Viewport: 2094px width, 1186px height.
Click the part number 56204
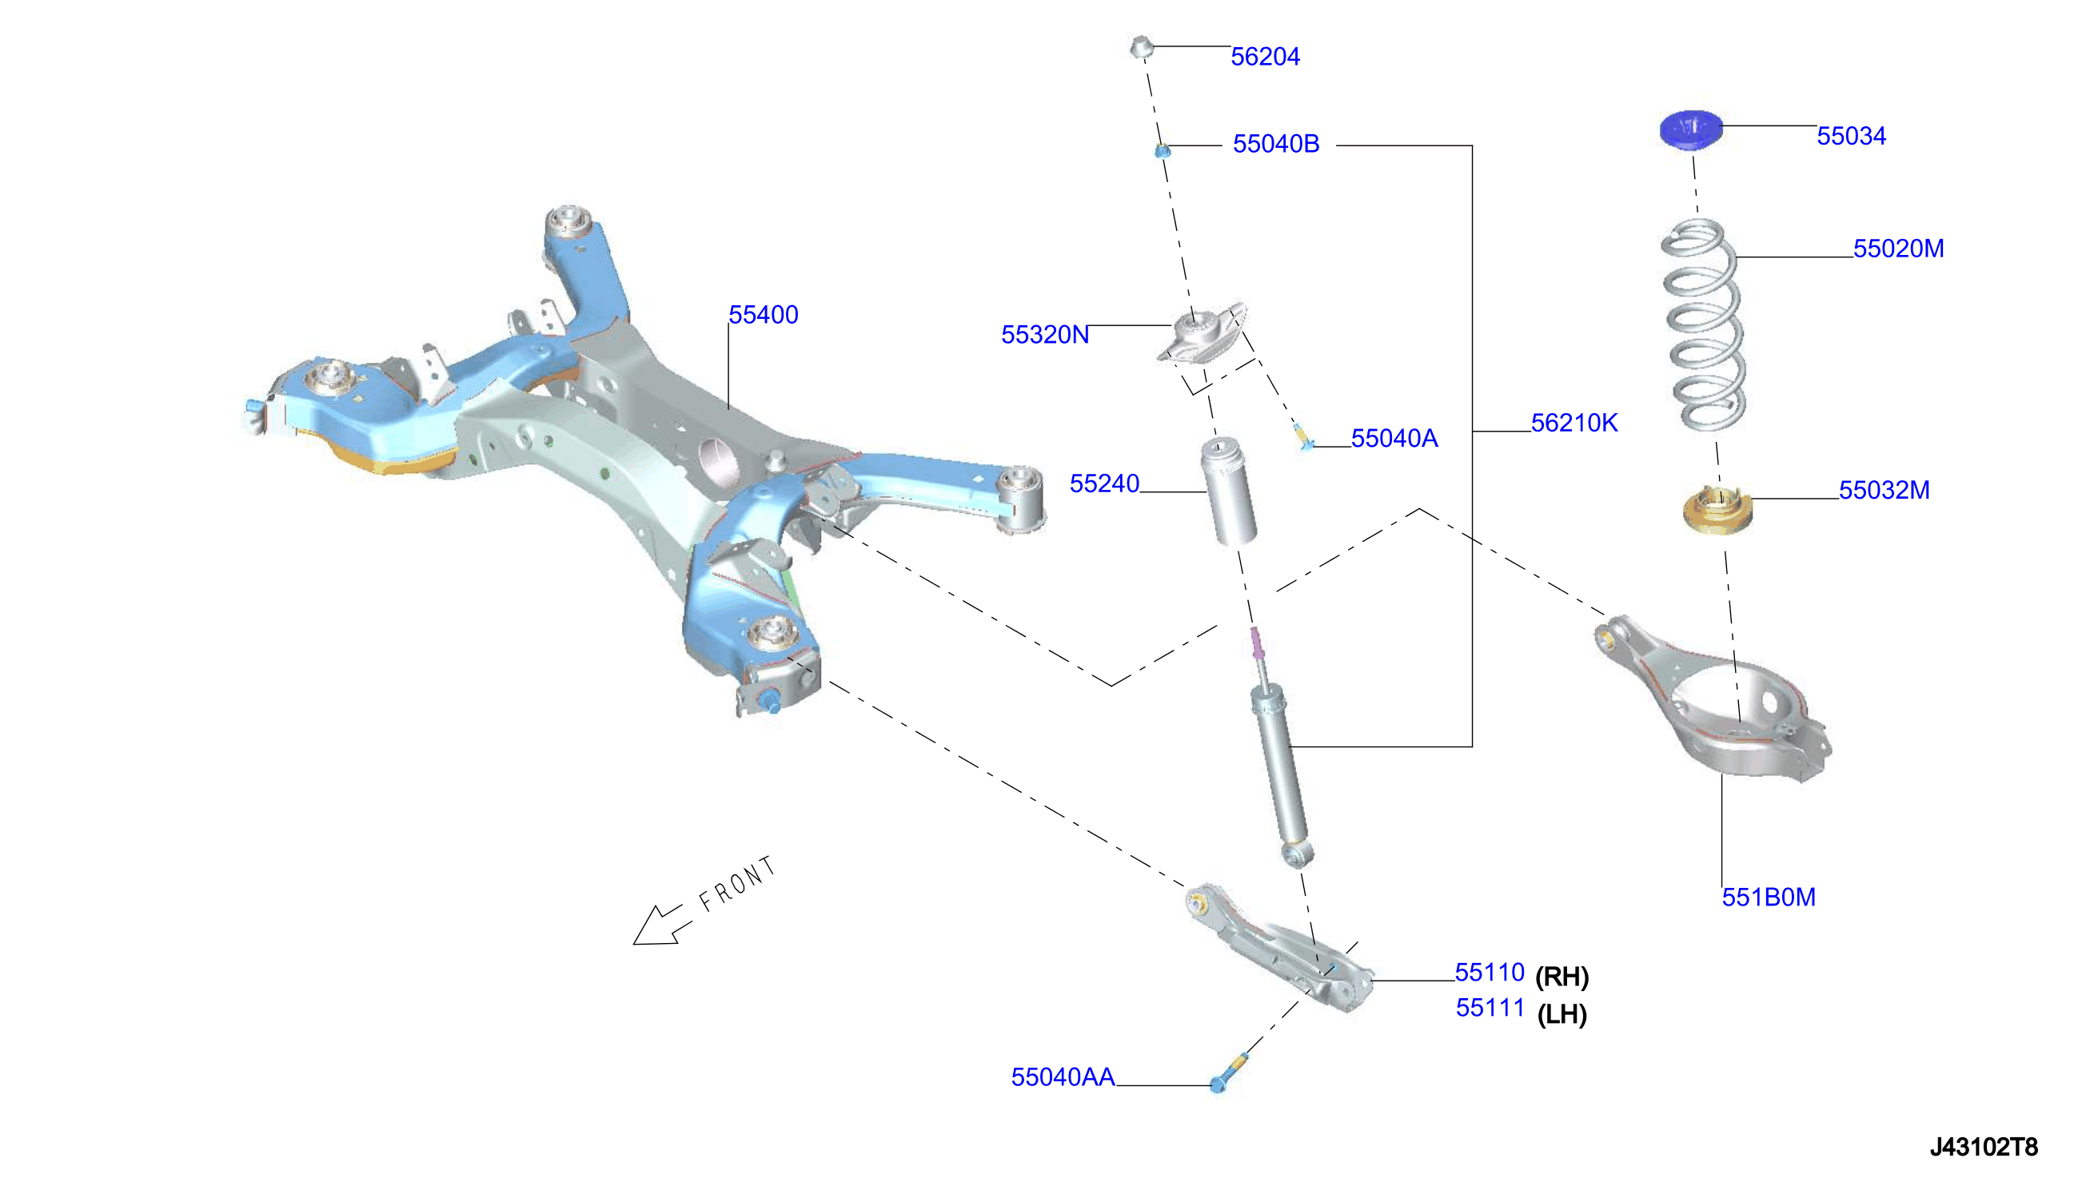1265,56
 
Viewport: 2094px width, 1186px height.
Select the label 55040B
1276,143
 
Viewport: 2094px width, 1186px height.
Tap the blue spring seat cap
1692,129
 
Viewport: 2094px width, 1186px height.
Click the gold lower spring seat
1717,510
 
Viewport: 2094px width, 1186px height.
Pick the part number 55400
764,314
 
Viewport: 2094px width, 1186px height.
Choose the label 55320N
1044,335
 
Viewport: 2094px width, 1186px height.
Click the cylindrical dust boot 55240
1228,492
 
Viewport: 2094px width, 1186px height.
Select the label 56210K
1574,423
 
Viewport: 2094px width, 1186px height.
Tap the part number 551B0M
1769,897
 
